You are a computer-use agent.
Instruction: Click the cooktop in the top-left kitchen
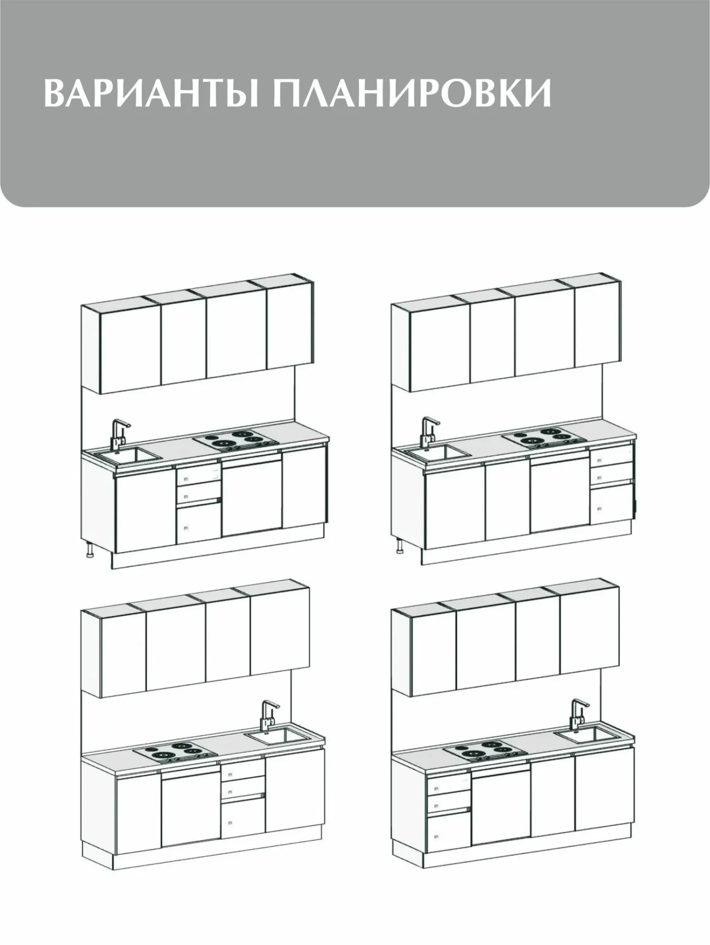(x=236, y=439)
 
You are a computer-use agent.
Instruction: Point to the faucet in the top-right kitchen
(x=429, y=433)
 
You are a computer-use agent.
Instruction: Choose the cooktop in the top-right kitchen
(x=545, y=437)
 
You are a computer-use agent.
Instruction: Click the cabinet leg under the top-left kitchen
(x=90, y=549)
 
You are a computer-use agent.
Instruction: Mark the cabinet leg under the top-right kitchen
(x=400, y=546)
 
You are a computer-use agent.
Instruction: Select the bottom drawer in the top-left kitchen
(x=198, y=524)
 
